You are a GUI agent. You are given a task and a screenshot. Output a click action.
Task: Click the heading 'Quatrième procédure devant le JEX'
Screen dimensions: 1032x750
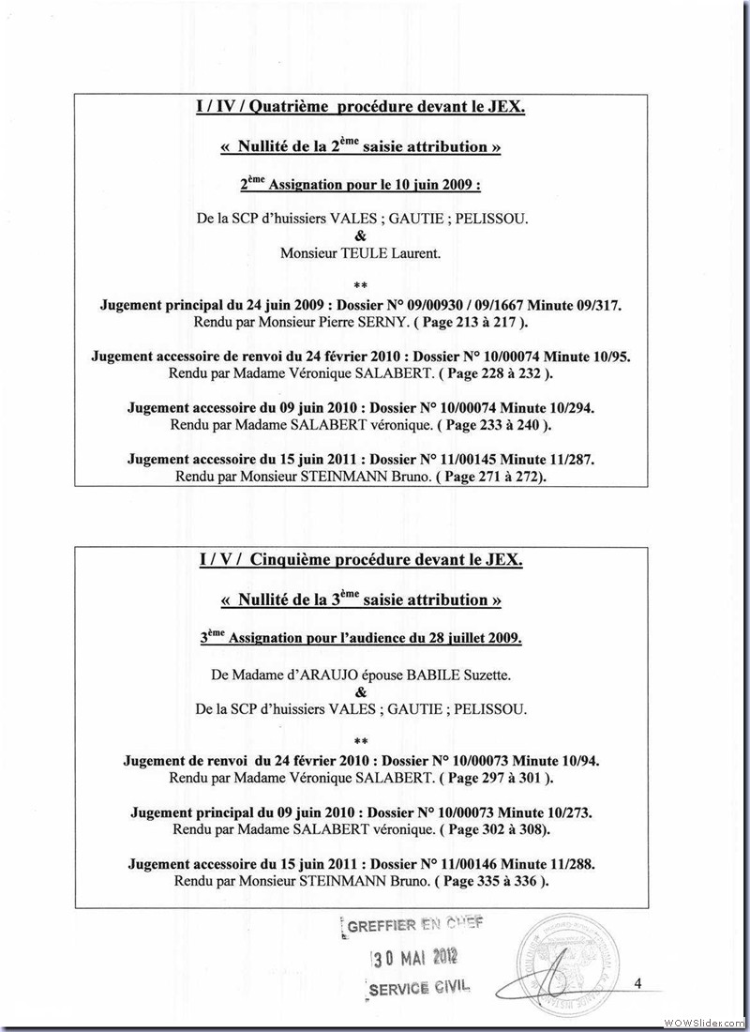coord(361,108)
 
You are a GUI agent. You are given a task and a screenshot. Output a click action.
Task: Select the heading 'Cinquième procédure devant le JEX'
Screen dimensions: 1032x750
coord(361,561)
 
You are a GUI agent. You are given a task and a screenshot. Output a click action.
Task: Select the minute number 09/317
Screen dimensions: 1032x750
coord(591,305)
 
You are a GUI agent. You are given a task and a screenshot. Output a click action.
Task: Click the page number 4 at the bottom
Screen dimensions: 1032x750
coord(637,983)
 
